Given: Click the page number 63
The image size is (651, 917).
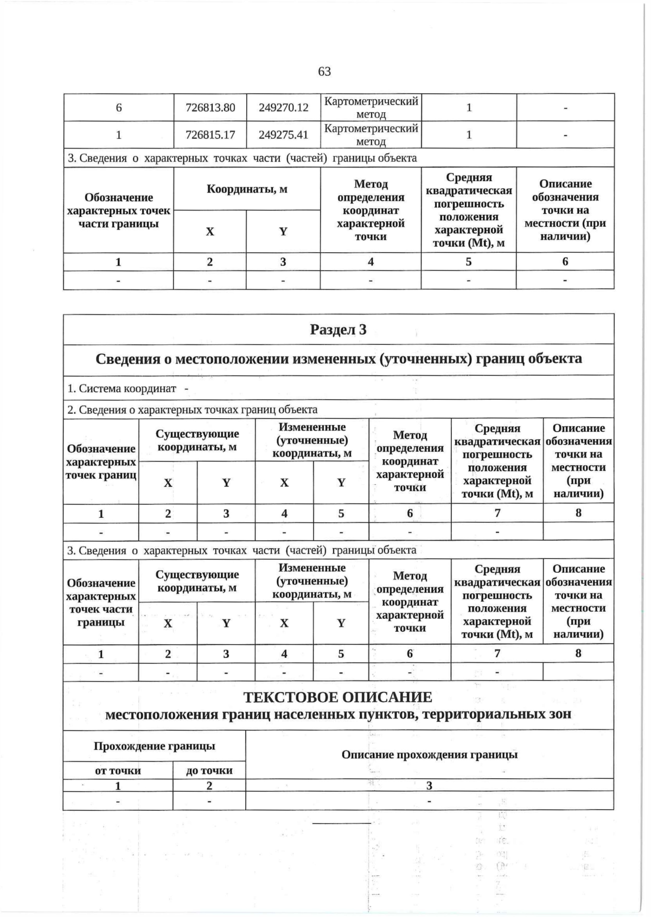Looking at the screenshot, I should (x=324, y=72).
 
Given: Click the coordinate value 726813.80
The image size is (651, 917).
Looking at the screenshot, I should (x=210, y=107).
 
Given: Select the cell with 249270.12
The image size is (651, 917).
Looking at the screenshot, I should (x=283, y=107).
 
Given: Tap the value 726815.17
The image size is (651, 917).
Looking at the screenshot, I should (x=210, y=134).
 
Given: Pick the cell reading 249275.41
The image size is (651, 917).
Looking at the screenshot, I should (x=283, y=134).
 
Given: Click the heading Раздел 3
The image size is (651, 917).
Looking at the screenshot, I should (x=338, y=330).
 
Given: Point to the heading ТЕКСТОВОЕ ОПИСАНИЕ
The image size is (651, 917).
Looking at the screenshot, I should (x=338, y=697).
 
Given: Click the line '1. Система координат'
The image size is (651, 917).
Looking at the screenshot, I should (x=122, y=388).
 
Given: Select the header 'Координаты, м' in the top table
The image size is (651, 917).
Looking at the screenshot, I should (x=247, y=189).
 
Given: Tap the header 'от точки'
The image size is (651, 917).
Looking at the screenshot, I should (x=118, y=771).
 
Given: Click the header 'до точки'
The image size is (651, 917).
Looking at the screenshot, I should (x=209, y=771).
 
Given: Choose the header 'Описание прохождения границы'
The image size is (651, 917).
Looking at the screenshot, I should (x=429, y=755).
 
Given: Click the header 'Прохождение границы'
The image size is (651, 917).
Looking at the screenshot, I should (x=155, y=746).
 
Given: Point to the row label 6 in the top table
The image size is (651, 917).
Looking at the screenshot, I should (x=119, y=107).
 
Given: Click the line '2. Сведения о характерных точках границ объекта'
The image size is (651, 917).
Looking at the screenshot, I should (x=193, y=409).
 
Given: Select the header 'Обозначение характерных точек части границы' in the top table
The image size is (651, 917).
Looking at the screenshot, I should (x=119, y=210).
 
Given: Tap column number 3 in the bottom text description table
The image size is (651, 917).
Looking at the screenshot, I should (x=429, y=786).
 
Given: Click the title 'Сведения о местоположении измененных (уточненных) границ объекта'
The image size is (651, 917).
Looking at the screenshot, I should (x=338, y=359).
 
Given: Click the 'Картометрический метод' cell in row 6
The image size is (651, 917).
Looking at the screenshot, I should (x=371, y=107).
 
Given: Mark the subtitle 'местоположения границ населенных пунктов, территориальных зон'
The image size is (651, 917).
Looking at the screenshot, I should (x=338, y=714).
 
